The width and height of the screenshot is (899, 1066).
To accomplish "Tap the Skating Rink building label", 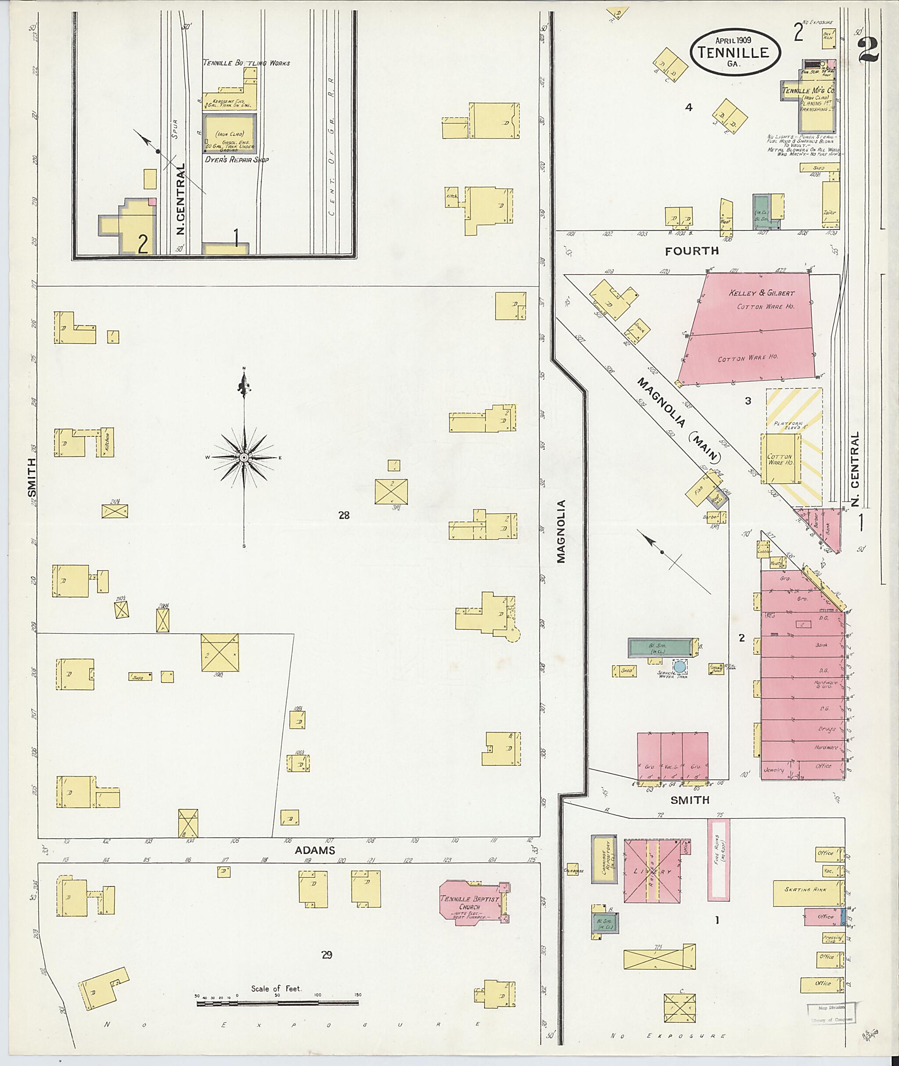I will [x=805, y=889].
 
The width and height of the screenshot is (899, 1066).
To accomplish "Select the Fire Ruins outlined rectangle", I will [x=718, y=860].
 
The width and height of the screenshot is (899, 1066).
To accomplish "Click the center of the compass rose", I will [x=244, y=458].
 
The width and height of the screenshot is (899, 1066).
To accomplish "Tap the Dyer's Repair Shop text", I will [x=237, y=159].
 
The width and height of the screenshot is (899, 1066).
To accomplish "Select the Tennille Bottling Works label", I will [x=246, y=63].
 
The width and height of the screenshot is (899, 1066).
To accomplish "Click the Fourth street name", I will [x=691, y=251].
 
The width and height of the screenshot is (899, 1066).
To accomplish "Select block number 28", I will [x=344, y=515].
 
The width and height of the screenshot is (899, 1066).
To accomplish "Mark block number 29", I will [x=327, y=955].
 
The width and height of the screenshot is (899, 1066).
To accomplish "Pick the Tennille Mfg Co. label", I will [x=808, y=91].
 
